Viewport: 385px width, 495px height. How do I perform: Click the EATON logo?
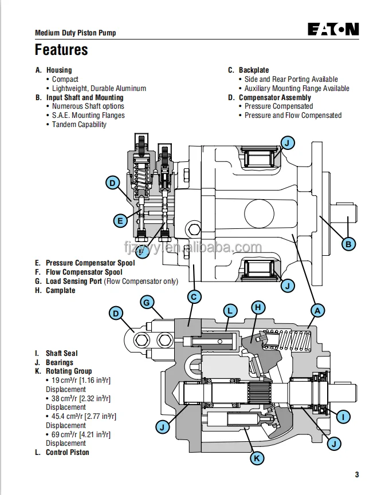click(333, 29)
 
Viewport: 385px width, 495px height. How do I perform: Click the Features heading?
click(61, 50)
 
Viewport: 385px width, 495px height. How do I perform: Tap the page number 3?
click(356, 474)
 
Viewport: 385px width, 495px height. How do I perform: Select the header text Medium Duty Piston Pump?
click(75, 33)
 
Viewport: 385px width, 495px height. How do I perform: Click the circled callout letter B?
click(348, 244)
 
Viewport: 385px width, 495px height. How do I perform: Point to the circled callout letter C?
click(194, 296)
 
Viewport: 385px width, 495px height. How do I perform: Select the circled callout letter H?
click(258, 307)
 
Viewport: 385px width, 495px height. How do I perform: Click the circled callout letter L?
click(230, 311)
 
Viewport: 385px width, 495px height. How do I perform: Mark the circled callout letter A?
click(318, 310)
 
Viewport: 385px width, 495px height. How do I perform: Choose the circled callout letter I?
click(343, 417)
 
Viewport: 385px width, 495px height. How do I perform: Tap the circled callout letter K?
click(257, 458)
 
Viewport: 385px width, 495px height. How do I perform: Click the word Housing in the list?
click(59, 70)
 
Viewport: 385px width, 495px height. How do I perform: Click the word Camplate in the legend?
click(60, 290)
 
